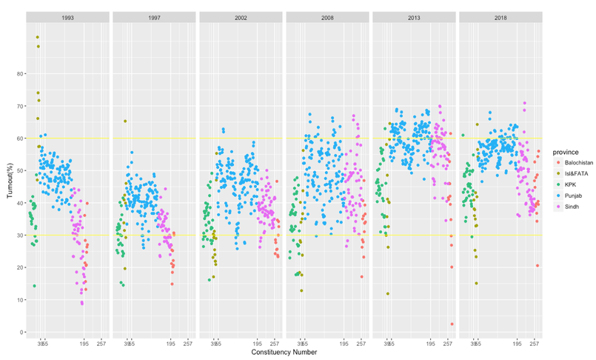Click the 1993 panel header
[67, 16]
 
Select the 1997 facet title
[154, 16]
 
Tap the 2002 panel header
[241, 16]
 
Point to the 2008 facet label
[327, 16]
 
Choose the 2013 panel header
[414, 16]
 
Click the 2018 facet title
[500, 16]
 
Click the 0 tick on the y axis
[19, 332]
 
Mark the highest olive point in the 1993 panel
[38, 37]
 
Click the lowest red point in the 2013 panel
[451, 324]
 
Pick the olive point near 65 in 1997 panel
[125, 121]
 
